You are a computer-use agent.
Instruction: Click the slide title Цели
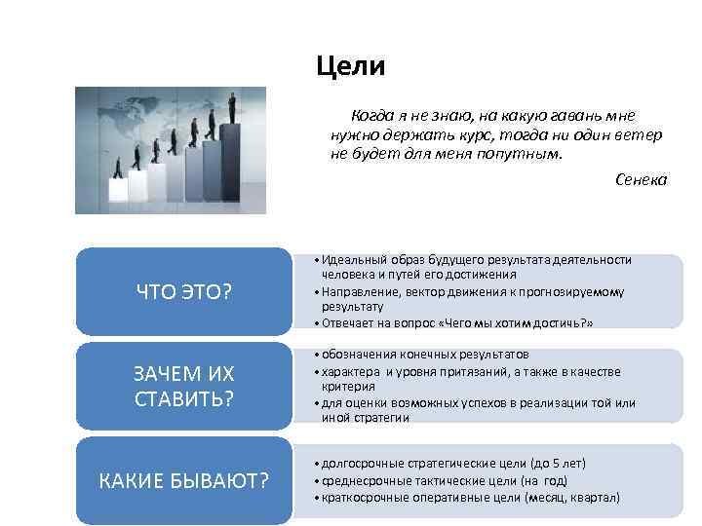click(x=351, y=66)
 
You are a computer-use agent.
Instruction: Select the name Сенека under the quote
click(x=642, y=180)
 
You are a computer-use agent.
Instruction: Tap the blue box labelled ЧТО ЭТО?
click(x=185, y=290)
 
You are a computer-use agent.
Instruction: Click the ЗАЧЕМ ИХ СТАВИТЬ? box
click(x=185, y=386)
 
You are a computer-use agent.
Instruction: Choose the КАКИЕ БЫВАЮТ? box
click(x=185, y=480)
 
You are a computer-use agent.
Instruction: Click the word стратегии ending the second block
click(x=381, y=417)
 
